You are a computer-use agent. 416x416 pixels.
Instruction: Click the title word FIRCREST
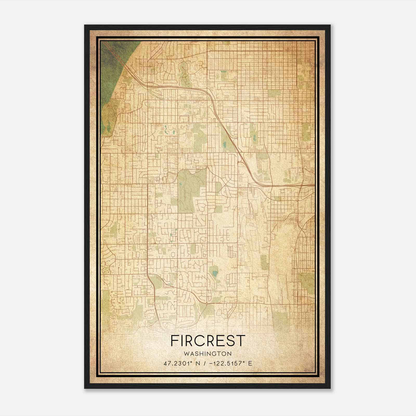pos(208,341)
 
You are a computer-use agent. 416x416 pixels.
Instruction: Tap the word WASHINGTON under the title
pos(208,354)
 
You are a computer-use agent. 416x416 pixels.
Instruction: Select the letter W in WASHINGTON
pos(186,354)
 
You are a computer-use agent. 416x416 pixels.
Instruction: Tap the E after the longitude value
pos(250,363)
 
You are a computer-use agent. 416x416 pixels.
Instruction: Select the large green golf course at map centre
pos(188,190)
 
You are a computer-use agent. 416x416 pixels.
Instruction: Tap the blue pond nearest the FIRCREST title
pos(215,274)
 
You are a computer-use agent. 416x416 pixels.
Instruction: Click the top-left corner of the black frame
pos(85,25)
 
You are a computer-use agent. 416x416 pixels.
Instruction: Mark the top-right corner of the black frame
pos(330,25)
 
